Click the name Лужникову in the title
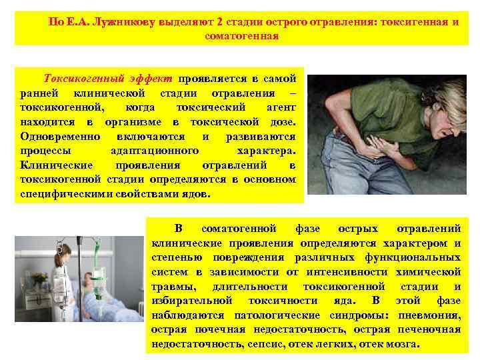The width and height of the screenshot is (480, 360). click(127, 21)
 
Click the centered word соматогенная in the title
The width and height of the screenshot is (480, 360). click(241, 36)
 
